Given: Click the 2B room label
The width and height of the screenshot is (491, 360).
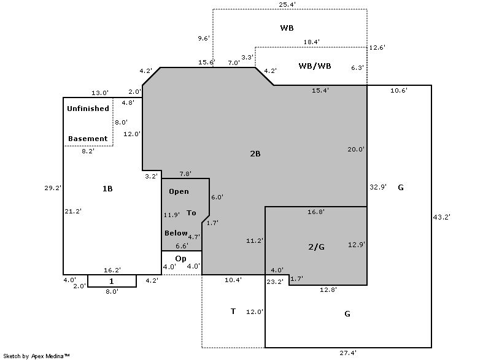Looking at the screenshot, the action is [x=255, y=153].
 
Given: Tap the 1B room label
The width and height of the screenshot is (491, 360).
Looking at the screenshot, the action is [x=107, y=189].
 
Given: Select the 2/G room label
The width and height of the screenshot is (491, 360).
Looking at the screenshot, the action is [x=316, y=247].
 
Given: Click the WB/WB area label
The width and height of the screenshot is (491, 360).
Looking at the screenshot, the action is [x=315, y=66].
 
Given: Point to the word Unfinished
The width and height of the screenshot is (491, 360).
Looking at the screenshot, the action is [x=88, y=109].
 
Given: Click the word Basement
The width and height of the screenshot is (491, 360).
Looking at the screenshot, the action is [x=88, y=139].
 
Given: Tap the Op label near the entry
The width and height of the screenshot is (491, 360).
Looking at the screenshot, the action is [x=180, y=259].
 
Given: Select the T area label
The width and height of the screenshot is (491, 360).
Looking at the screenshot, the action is [x=233, y=311].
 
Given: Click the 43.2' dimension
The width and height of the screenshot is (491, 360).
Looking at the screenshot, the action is [x=441, y=217].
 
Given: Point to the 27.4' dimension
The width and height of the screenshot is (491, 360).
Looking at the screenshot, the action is [x=348, y=353].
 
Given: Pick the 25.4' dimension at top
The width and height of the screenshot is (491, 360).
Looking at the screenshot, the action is [x=287, y=4].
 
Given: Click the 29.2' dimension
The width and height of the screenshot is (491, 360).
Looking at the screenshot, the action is [x=53, y=188].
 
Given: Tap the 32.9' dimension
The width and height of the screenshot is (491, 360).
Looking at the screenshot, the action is [x=378, y=187].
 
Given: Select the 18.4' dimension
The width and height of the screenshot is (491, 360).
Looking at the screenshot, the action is [x=312, y=42].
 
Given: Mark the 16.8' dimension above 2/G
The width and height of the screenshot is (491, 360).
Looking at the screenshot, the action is [x=316, y=212].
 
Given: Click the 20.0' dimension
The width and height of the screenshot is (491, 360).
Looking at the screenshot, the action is [x=356, y=150].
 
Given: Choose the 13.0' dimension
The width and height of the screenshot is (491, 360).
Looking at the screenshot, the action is [x=100, y=93].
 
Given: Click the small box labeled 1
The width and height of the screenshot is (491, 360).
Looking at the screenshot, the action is [x=112, y=281].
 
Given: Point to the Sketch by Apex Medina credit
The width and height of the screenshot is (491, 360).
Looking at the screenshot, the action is [x=36, y=356].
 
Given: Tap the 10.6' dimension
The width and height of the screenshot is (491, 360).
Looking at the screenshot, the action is [x=398, y=91].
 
